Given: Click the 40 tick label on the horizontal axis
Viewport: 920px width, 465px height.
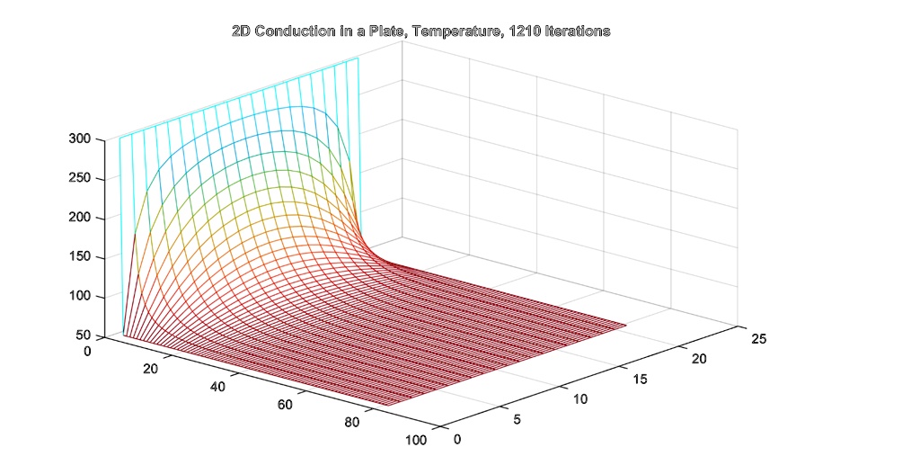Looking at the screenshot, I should click(x=217, y=387).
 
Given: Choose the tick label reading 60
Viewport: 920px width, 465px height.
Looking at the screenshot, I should click(x=285, y=405).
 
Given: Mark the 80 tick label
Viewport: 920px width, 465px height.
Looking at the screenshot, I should click(x=352, y=423).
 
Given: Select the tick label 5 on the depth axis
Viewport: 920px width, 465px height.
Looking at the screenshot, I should click(x=517, y=419).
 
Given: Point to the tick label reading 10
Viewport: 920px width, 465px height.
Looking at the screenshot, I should click(x=579, y=398).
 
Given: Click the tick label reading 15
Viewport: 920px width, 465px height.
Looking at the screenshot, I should click(x=641, y=379).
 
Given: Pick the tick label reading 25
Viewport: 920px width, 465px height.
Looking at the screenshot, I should click(x=759, y=339).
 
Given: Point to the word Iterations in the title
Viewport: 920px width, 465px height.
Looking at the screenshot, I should click(x=572, y=31).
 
